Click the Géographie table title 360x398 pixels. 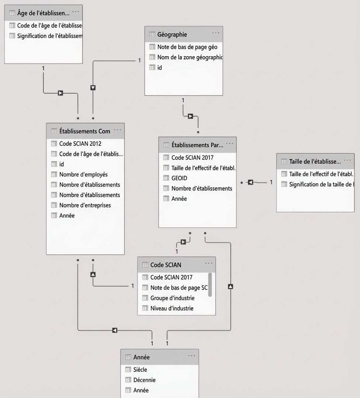tap(172, 35)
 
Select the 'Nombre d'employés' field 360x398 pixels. tap(83, 175)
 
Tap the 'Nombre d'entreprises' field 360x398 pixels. tap(85, 205)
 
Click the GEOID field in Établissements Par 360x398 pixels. tap(179, 178)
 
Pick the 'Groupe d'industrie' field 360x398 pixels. tap(172, 298)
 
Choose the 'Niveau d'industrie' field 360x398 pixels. tap(172, 308)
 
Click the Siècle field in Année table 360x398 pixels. tap(140, 370)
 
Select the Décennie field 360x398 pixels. tap(145, 380)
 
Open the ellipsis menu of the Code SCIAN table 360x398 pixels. tap(209, 263)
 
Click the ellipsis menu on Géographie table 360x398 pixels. tap(216, 33)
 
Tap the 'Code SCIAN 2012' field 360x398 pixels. tap(80, 144)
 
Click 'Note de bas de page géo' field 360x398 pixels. tap(187, 47)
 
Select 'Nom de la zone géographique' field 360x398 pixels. tap(190, 57)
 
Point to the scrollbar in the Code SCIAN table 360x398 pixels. tap(210, 285)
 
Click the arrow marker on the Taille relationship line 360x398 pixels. tap(250, 182)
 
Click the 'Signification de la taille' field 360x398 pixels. tap(322, 185)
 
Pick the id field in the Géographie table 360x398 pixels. tap(159, 68)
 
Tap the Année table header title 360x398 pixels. tap(142, 357)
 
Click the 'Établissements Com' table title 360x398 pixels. tap(85, 131)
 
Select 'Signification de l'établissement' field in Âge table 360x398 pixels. tap(50, 36)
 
